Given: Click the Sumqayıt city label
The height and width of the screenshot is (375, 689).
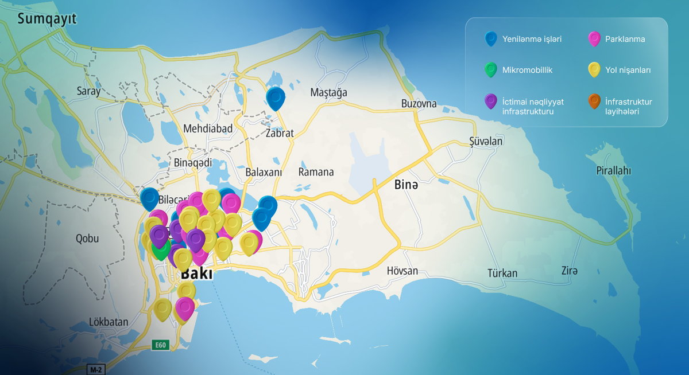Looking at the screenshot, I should coord(47,19).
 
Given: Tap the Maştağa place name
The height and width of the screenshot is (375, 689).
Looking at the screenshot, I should coord(328,93).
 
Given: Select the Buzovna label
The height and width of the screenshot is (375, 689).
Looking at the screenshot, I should coord(419,104).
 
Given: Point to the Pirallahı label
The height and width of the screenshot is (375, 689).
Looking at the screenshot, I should coord(613,171).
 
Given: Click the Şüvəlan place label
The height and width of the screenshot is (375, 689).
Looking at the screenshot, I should coord(486,142).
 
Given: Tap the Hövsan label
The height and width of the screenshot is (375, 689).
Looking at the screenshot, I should coord(402,271).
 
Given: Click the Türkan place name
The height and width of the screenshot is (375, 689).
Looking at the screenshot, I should coord(502,274).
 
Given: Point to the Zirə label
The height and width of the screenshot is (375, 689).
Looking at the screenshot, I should coord(570,271).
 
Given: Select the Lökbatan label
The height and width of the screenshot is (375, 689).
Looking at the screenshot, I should coord(109,322).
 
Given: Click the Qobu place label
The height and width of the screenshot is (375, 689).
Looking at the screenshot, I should coord(87,239).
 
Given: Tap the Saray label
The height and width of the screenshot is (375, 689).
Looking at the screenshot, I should coord(88,91).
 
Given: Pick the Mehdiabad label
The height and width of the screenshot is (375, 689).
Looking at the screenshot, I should coord(208,128).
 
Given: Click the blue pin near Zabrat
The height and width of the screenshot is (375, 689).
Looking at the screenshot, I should coord(276,98).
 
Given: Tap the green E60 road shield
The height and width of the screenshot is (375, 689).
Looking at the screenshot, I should coord(160,345).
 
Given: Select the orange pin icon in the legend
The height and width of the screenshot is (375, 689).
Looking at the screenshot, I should coord(594,102).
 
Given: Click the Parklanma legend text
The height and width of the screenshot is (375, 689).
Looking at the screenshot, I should coord(625,40).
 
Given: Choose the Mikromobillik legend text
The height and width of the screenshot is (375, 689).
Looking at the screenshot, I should coord(527,70).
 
